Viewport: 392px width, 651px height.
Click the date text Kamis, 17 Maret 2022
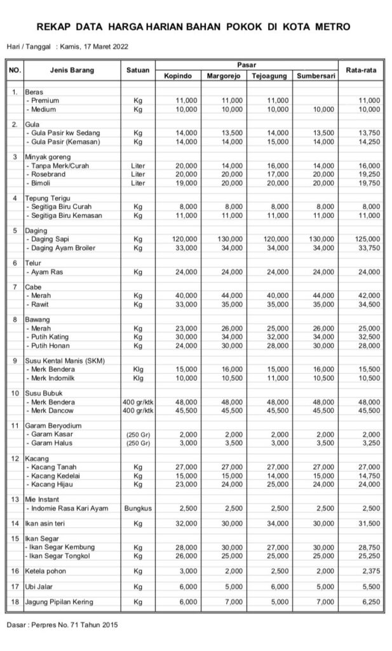point(91,46)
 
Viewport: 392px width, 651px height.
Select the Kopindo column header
point(177,76)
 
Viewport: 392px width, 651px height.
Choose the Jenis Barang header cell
point(72,70)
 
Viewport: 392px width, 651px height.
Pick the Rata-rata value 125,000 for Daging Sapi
point(368,238)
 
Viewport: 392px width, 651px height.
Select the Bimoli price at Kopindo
point(186,184)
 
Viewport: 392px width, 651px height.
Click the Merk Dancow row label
point(52,411)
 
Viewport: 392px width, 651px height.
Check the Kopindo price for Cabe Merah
point(186,296)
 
